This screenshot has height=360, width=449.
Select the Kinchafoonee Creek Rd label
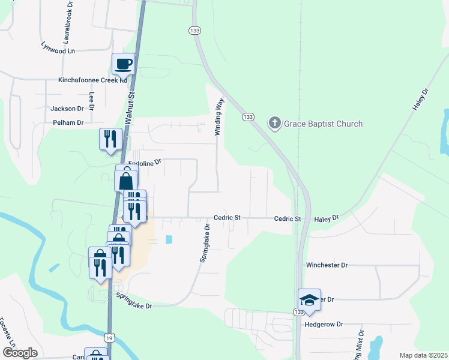[93, 80]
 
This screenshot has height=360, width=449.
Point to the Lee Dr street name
[92, 101]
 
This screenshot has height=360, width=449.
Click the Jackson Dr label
[67, 109]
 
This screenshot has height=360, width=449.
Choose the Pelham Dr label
[68, 122]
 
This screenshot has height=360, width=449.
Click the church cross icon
[275, 124]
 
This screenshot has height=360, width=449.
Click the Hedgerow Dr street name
[324, 325]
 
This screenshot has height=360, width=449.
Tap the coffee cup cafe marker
[123, 64]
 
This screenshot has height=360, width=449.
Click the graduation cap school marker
[309, 299]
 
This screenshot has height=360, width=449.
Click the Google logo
[20, 353]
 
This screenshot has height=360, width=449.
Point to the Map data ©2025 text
[423, 355]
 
